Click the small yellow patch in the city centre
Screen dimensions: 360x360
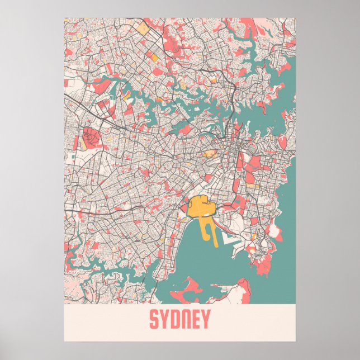click(209, 153)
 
